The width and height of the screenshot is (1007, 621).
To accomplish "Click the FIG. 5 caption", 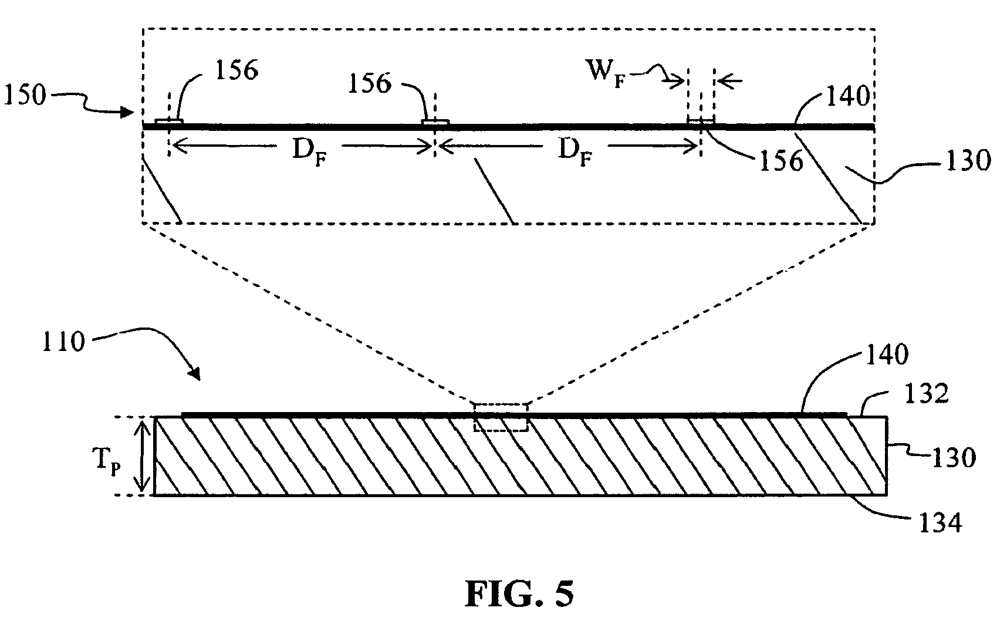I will [520, 593].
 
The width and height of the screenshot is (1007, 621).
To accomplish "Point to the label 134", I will [938, 521].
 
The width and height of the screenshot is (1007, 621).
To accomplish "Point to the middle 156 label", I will [370, 84].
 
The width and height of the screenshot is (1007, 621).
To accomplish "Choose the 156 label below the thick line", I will [780, 161].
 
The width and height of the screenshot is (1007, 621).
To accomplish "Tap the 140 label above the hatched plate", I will [886, 355].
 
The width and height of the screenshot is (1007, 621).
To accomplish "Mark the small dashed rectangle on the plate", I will [501, 417].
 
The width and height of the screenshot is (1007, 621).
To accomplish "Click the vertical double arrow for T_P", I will [141, 456].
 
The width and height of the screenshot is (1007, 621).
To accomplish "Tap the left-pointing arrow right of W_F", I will [728, 81].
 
